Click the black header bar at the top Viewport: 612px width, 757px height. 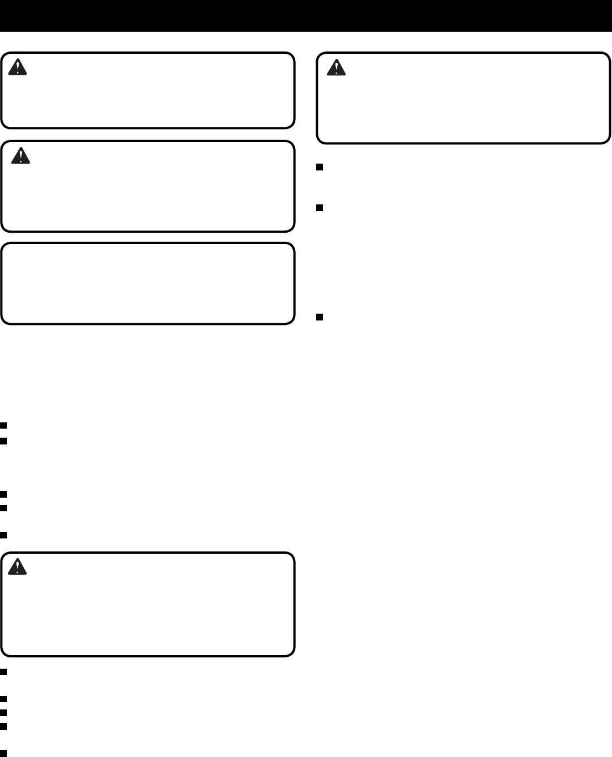(306, 15)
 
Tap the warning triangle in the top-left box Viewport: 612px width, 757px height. (19, 67)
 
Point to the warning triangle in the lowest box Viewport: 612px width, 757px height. (18, 566)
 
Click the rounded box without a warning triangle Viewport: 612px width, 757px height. (147, 283)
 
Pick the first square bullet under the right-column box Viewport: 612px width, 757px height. (320, 167)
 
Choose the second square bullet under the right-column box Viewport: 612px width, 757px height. (320, 208)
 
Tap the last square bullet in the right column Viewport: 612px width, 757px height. (320, 317)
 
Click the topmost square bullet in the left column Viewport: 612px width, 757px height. (3, 425)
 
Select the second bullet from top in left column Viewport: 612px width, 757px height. (3, 440)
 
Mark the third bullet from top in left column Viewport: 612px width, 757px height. (3, 494)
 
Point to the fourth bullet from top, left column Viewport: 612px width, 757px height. (3, 508)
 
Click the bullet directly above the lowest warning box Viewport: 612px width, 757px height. (3, 535)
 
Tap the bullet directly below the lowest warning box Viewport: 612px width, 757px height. (3, 672)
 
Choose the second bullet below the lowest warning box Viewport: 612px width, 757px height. (3, 699)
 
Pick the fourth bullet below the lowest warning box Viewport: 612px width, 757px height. (3, 726)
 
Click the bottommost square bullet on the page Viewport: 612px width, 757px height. (3, 753)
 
